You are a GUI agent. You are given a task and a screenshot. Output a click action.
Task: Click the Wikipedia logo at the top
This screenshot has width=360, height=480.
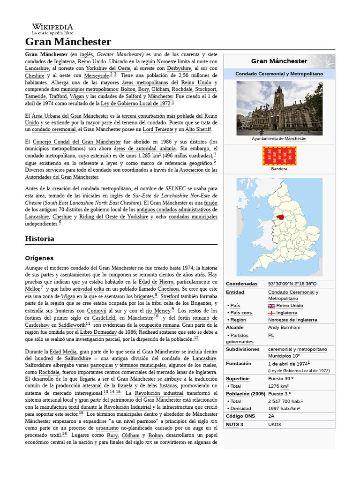point(52,29)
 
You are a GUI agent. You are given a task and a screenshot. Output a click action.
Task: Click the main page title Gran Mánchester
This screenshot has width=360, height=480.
point(68,42)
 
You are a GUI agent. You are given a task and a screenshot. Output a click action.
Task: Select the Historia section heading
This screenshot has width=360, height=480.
point(39,239)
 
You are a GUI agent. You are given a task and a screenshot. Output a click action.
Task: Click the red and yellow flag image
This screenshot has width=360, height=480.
point(279,156)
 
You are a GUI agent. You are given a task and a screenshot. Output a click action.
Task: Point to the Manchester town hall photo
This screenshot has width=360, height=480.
point(279,108)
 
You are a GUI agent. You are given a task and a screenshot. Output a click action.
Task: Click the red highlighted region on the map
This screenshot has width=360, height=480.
point(281,217)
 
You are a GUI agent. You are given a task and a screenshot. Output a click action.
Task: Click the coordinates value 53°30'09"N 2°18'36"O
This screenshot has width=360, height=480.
point(292,284)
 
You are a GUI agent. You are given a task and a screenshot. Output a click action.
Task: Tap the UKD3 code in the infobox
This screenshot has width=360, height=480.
point(274,424)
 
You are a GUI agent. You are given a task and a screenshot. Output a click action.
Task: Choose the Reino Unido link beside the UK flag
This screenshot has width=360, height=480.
point(290,306)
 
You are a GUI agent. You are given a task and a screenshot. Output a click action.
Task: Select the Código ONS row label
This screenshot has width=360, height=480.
point(240,416)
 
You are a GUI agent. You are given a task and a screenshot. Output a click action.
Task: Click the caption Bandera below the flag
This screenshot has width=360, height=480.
point(279,169)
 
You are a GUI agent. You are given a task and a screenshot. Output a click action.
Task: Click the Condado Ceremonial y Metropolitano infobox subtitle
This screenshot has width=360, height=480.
point(279,74)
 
